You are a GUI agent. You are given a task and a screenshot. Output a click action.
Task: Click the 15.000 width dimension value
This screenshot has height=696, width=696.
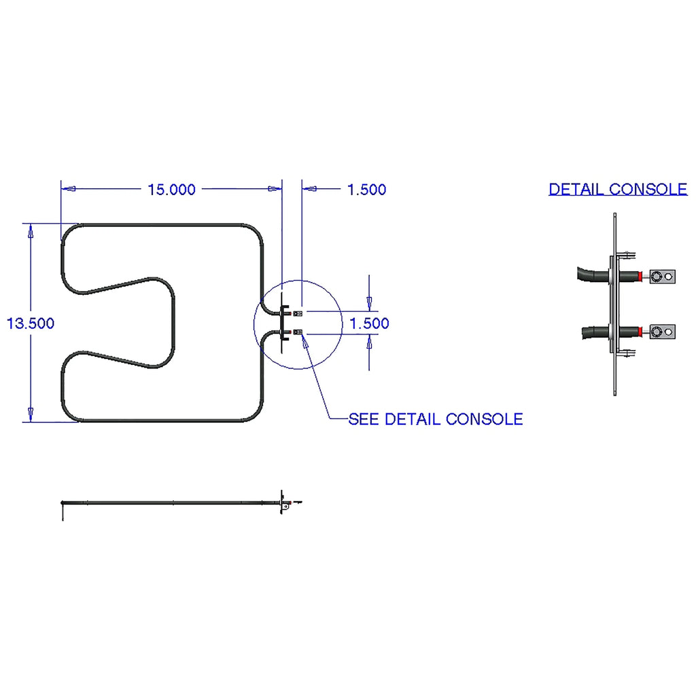tap(171, 190)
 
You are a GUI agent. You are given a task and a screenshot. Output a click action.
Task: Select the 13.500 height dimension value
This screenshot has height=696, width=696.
tap(30, 323)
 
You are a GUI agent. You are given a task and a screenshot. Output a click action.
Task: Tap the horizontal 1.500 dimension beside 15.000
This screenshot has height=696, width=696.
tap(366, 190)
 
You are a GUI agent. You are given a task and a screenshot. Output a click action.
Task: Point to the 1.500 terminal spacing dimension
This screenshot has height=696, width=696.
tap(369, 323)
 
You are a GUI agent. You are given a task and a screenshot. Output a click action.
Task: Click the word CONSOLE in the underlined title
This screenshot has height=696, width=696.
tap(648, 190)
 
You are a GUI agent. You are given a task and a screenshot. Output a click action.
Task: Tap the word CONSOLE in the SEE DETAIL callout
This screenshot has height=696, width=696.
tap(484, 419)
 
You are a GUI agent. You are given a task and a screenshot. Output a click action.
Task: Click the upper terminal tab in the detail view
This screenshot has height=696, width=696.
tap(662, 277)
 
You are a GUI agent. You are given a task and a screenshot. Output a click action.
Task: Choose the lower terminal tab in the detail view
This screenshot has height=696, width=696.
tap(662, 332)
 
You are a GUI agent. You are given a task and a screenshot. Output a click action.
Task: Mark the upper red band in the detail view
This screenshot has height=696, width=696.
tap(640, 277)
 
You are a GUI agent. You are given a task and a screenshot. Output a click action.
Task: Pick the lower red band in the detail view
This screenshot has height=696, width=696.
tap(640, 332)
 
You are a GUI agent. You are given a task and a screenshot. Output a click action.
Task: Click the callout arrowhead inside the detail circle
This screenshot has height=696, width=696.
tap(305, 343)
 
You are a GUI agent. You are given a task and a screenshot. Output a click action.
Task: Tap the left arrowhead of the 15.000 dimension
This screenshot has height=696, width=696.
tap(69, 189)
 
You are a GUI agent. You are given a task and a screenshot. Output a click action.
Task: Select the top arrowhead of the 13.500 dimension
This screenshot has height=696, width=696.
tap(31, 231)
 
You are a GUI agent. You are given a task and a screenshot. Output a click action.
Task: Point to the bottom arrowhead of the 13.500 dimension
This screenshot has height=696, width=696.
tap(31, 414)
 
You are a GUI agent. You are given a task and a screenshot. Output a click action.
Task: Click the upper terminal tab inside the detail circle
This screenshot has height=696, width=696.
tap(298, 313)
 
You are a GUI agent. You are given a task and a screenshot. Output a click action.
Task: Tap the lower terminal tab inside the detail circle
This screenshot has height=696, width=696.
tap(298, 332)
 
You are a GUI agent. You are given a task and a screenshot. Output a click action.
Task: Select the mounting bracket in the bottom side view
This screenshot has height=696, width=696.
tap(284, 503)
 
